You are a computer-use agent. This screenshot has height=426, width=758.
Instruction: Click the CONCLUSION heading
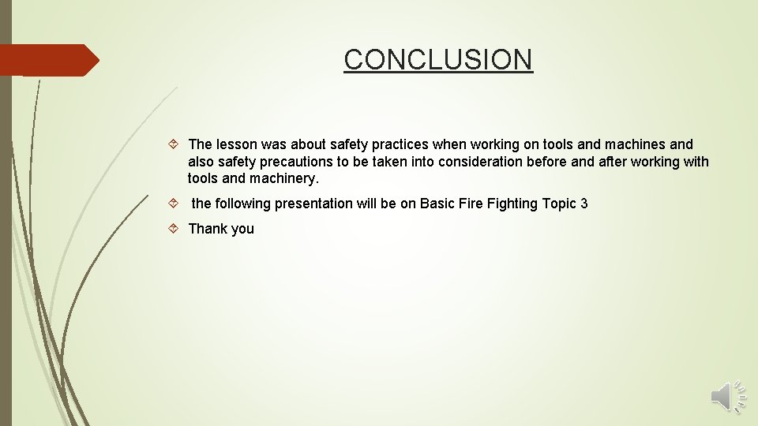(438, 59)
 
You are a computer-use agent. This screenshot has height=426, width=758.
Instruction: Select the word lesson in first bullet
(237, 144)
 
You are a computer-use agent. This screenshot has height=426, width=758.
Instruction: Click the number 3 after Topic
(584, 204)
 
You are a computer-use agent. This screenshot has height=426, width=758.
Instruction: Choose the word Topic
(559, 204)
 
